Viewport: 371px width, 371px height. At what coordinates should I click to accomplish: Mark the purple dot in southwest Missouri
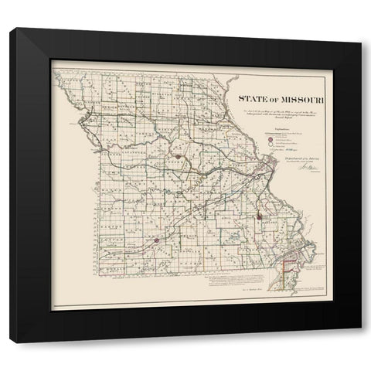pos(156,240)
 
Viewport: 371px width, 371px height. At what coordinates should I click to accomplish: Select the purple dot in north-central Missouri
pos(178,156)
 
